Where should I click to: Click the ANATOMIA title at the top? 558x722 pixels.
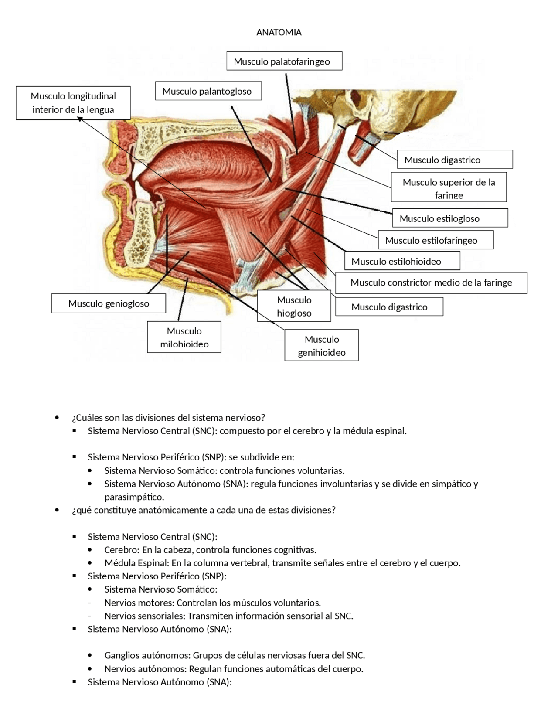[x=279, y=32]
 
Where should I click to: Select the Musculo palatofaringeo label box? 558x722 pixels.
[x=284, y=61]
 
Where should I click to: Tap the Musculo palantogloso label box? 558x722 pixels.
[x=208, y=91]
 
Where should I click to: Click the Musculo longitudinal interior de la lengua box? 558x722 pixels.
[x=73, y=103]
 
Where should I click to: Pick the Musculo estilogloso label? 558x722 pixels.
[x=449, y=218]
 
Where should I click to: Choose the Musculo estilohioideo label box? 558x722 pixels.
[x=402, y=261]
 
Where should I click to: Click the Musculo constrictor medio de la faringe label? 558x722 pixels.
[x=431, y=283]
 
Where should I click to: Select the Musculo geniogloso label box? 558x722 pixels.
[x=109, y=303]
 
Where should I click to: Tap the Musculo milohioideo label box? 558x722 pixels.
[x=184, y=337]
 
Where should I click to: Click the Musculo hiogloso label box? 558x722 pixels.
[x=294, y=306]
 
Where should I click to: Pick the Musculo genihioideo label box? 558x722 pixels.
[x=321, y=345]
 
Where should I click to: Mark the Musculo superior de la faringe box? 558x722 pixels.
[x=449, y=187]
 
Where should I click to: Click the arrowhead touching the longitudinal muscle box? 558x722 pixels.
[x=80, y=119]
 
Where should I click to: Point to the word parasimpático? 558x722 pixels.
[x=134, y=497]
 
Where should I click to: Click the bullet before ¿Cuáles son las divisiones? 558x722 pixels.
[x=57, y=418]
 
